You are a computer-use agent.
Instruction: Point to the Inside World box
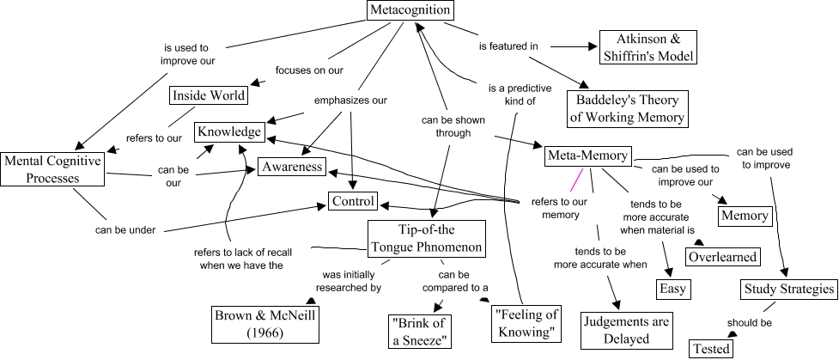click(208, 95)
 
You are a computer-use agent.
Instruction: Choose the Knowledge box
click(228, 131)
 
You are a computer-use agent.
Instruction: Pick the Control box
click(353, 202)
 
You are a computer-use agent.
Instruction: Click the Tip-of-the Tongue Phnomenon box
click(427, 238)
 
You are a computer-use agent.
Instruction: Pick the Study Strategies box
click(788, 290)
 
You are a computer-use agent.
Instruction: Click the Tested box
click(711, 348)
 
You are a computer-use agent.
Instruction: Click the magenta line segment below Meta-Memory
click(575, 179)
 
